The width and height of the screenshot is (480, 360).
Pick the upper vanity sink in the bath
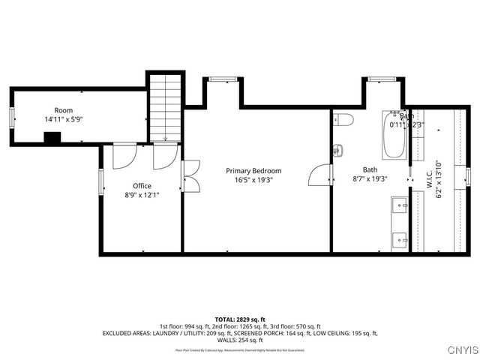399,204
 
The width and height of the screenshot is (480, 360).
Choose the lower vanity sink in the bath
399,240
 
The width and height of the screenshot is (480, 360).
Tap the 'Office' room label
142,186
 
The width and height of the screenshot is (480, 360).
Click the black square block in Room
52,137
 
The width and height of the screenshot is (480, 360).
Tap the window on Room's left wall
10,117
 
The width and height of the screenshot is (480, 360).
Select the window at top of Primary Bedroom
219,79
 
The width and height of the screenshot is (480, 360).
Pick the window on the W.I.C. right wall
466,175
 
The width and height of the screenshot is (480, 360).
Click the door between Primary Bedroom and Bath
321,175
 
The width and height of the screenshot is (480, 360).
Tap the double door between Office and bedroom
190,174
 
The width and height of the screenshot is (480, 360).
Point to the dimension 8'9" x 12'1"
142,195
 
